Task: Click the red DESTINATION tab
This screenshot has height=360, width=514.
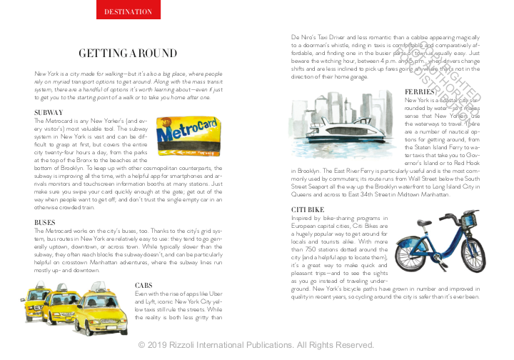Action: click(128, 11)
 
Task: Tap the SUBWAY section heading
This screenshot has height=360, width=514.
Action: click(49, 113)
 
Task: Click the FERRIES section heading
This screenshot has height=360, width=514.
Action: click(420, 92)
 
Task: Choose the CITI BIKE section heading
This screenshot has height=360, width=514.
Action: click(309, 209)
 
